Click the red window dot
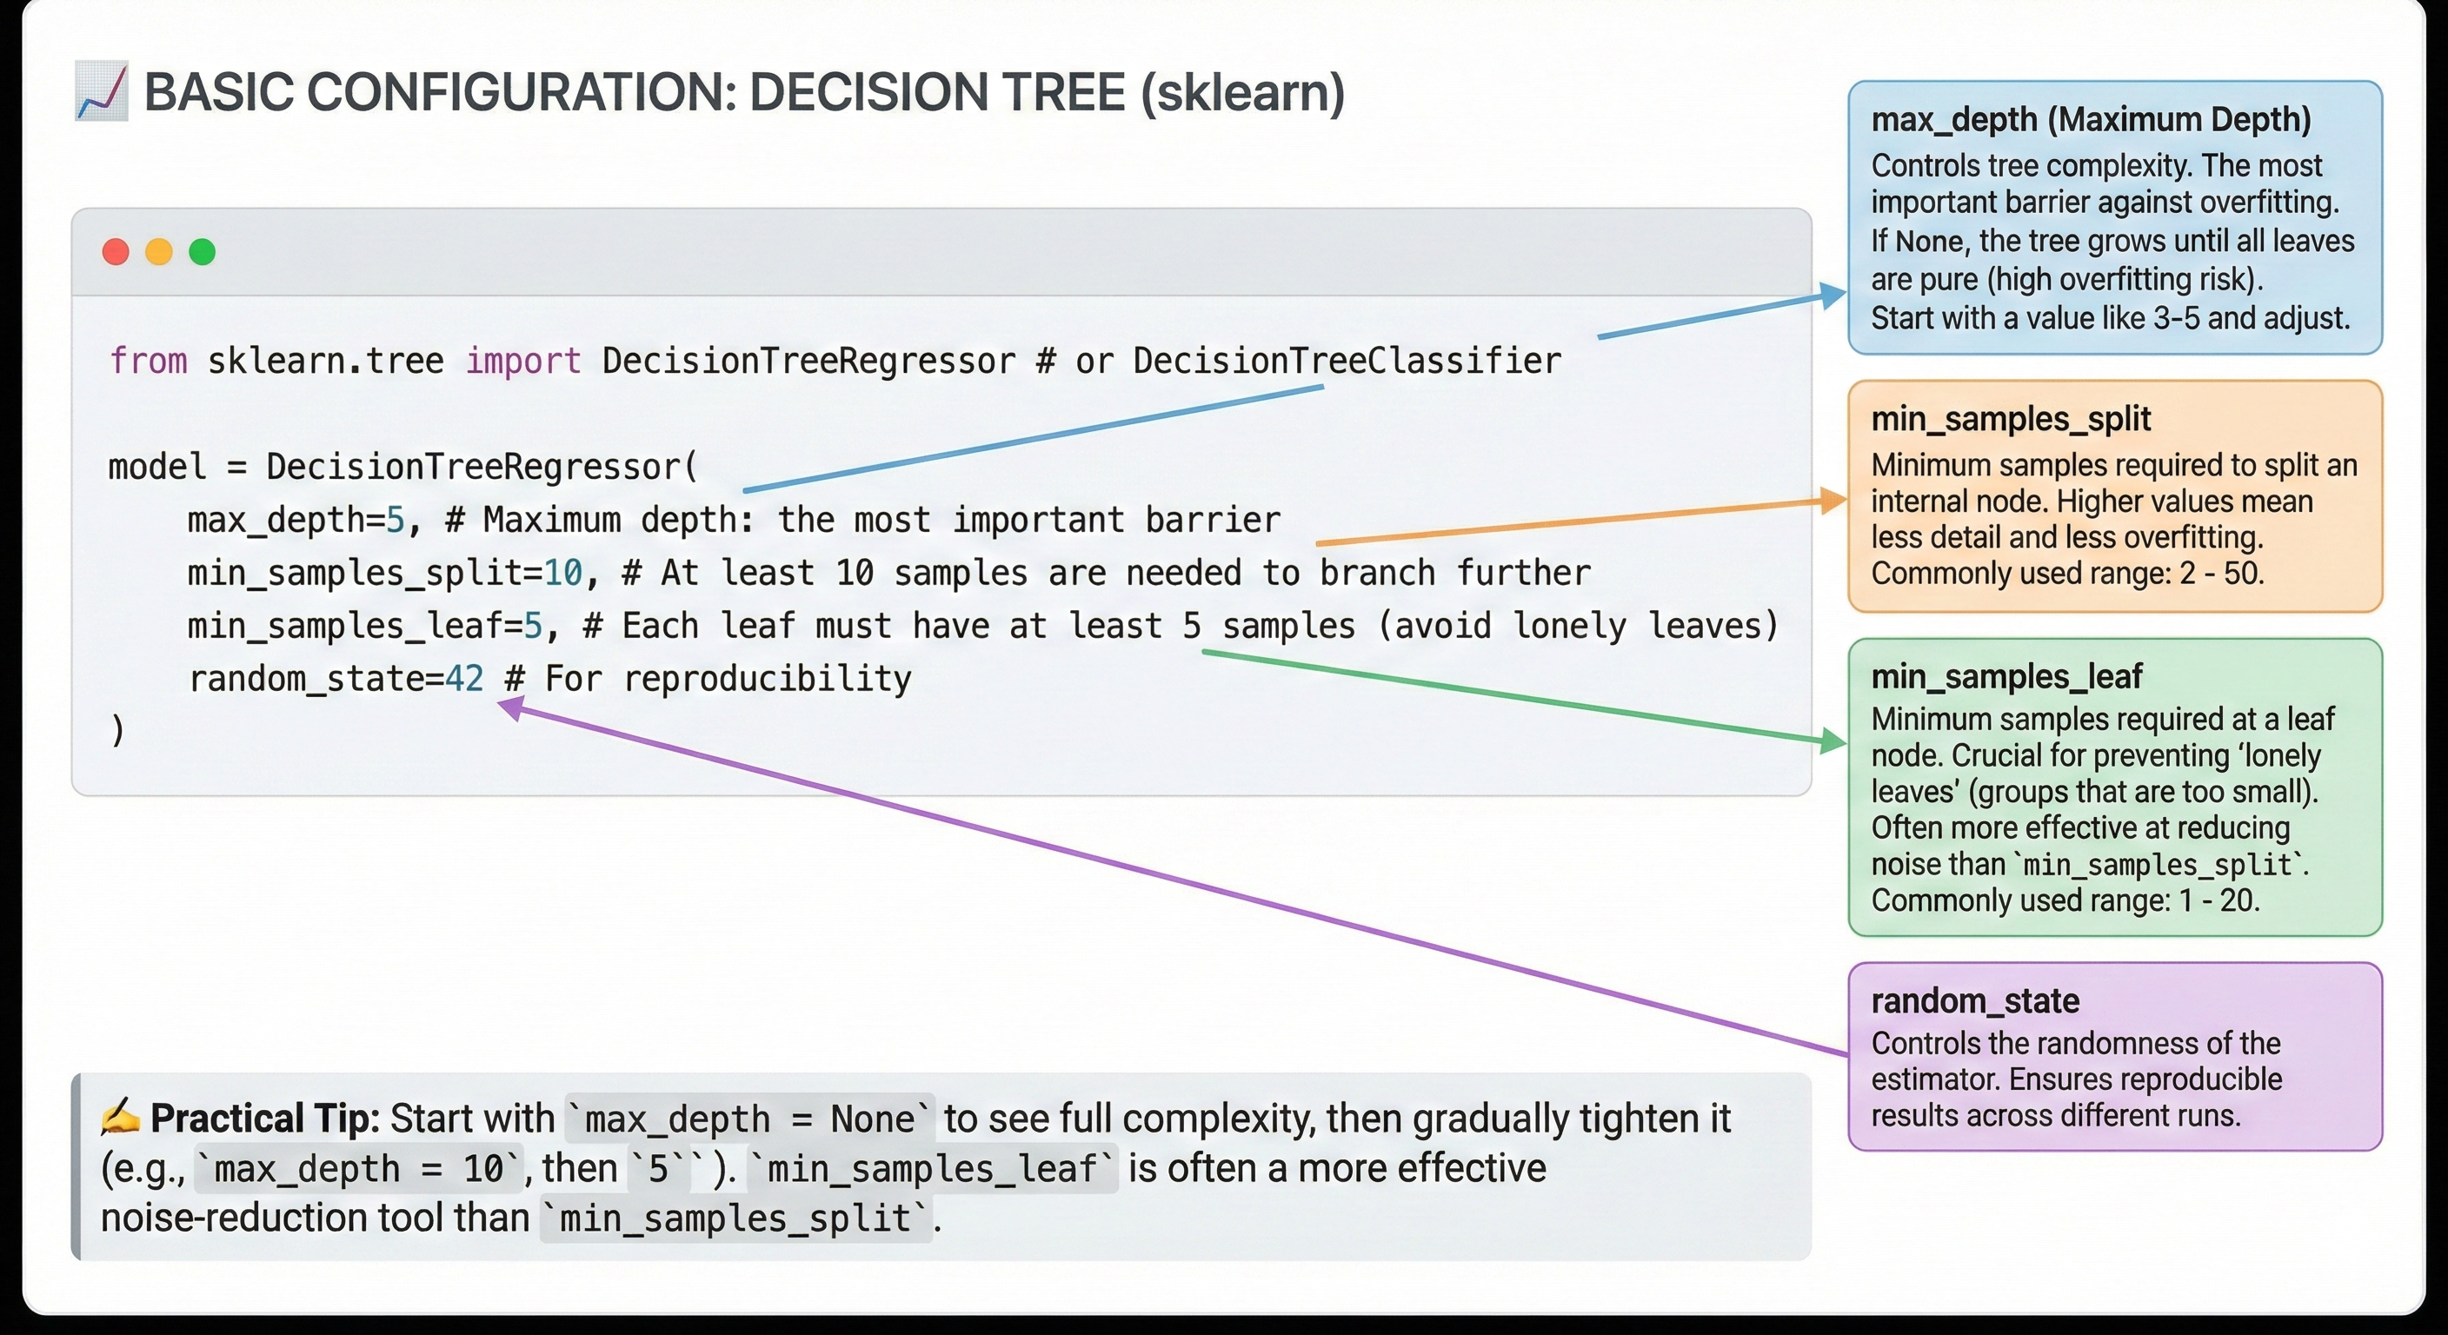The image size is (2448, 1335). [116, 252]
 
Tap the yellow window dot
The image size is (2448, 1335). [159, 252]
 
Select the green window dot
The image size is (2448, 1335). [203, 252]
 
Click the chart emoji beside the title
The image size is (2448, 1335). [101, 92]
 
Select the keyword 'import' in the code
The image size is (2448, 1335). [522, 361]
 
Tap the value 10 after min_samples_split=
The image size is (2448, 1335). [562, 573]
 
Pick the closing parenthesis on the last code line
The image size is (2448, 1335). [116, 731]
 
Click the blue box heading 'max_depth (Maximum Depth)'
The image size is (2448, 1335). [2091, 120]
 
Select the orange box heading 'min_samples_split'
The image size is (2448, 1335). [2011, 419]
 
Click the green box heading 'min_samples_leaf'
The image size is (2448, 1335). [2006, 676]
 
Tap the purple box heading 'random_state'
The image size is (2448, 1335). [1975, 1000]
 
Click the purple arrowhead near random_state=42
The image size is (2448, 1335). [511, 707]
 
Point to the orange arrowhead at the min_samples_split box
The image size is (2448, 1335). [1833, 500]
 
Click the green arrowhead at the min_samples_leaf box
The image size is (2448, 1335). [1833, 741]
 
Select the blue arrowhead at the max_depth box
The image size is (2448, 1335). [1833, 296]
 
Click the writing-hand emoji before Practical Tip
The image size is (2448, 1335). [121, 1118]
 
